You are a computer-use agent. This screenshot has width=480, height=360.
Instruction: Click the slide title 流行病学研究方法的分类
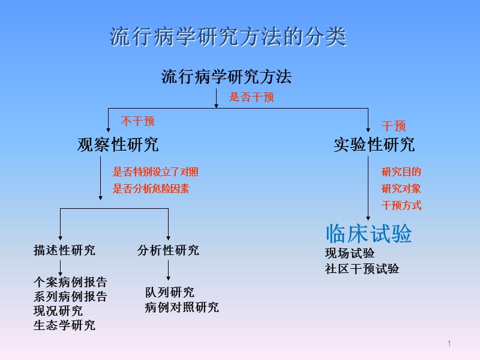pyautogui.click(x=228, y=37)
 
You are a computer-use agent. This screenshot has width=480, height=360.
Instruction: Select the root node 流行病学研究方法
pyautogui.click(x=226, y=77)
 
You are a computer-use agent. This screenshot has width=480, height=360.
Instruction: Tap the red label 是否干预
pyautogui.click(x=251, y=97)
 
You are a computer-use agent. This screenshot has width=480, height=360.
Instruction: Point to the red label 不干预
pyautogui.click(x=138, y=122)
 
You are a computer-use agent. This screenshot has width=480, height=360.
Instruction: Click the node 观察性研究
pyautogui.click(x=118, y=145)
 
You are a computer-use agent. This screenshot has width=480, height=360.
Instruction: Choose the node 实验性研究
pyautogui.click(x=374, y=145)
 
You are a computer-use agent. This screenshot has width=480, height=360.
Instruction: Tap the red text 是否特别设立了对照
pyautogui.click(x=155, y=172)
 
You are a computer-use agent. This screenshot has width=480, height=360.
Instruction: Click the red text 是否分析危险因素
pyautogui.click(x=151, y=189)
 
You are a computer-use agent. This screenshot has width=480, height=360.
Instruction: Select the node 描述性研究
pyautogui.click(x=64, y=250)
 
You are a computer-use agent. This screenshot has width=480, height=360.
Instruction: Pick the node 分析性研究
pyautogui.click(x=168, y=250)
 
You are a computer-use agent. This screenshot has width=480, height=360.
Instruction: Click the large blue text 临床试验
pyautogui.click(x=369, y=233)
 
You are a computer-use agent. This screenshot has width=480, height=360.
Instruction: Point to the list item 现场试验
pyautogui.click(x=350, y=253)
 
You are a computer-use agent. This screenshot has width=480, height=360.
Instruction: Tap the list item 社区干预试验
pyautogui.click(x=362, y=269)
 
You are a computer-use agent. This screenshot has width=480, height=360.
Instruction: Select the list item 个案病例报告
pyautogui.click(x=70, y=282)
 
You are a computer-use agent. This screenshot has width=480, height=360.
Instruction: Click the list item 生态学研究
pyautogui.click(x=64, y=326)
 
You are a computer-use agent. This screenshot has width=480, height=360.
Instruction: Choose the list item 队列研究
pyautogui.click(x=170, y=293)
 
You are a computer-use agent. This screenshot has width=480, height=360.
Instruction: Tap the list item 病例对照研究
pyautogui.click(x=182, y=308)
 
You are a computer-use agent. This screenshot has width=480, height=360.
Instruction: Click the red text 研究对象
pyautogui.click(x=401, y=189)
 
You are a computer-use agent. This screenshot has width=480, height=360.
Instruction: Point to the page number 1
pyautogui.click(x=449, y=343)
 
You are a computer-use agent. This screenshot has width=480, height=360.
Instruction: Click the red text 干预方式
pyautogui.click(x=401, y=206)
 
